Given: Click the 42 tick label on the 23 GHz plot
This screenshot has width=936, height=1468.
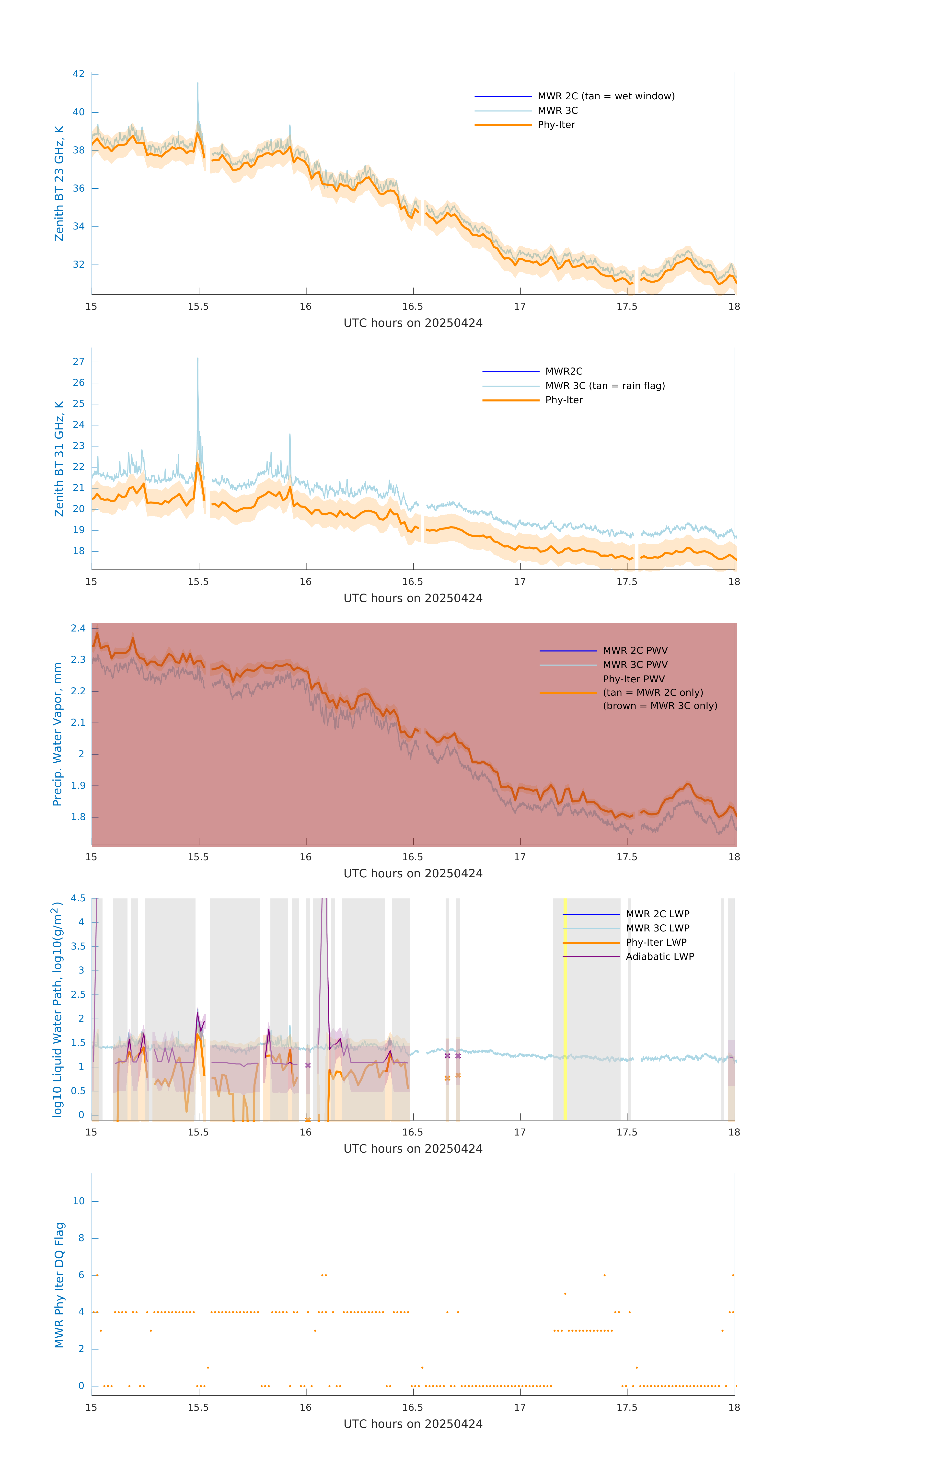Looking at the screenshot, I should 79,74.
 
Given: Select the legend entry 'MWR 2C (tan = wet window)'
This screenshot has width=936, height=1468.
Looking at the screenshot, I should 605,96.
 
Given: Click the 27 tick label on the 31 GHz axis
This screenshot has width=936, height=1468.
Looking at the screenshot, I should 79,362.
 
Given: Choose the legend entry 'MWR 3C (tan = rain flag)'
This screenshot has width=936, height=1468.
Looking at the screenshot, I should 604,386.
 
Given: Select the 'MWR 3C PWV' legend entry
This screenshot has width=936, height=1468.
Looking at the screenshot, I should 635,665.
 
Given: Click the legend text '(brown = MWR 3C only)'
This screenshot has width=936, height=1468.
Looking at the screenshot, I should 660,706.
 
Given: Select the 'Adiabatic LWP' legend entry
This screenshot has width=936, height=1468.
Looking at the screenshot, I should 659,956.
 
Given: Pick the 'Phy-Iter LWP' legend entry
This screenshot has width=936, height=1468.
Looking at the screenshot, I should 656,942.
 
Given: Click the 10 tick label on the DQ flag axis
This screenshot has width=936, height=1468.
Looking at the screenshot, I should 79,1201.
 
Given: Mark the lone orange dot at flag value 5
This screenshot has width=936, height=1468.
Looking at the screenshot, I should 565,1294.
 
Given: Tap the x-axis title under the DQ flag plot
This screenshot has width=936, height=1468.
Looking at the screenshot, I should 413,1424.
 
